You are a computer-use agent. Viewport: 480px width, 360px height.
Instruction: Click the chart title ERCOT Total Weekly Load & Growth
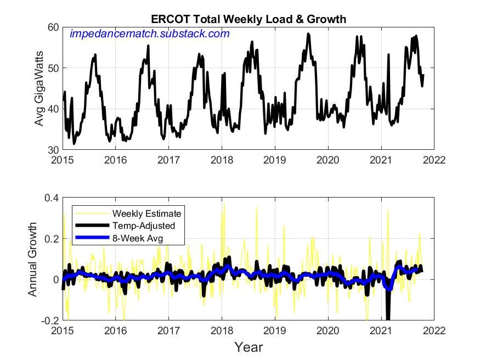[248, 19]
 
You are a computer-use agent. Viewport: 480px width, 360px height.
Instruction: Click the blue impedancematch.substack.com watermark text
[149, 34]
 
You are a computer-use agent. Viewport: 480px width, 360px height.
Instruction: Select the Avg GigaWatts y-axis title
[39, 88]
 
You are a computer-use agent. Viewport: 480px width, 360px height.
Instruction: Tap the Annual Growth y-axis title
[33, 259]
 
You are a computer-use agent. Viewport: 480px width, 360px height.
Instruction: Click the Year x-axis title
[249, 347]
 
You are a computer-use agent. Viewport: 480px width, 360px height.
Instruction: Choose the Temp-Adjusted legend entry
[142, 225]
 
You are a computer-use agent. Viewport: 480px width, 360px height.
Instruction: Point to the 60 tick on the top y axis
[53, 27]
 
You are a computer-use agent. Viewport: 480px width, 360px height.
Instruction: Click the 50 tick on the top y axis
[53, 68]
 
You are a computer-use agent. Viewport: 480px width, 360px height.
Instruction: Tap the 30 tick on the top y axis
[53, 149]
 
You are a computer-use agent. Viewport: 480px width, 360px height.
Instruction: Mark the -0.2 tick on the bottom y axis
[49, 320]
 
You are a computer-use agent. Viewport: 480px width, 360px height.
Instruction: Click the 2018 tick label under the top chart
[222, 160]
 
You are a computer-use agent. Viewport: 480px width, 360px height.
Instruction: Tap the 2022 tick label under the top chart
[434, 160]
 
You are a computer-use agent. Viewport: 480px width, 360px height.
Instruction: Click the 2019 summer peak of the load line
[308, 34]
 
